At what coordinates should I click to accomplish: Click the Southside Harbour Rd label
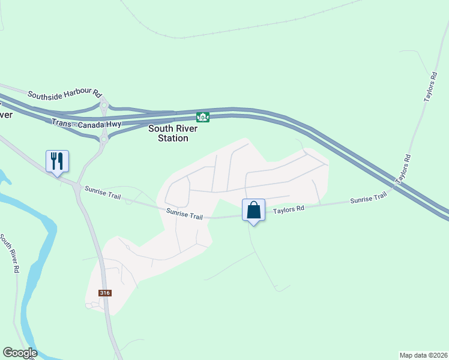[65, 94]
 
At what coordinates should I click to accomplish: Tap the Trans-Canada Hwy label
[86, 123]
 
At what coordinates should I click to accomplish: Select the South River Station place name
[169, 133]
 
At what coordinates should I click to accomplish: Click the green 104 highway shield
[203, 117]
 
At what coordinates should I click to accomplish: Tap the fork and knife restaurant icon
[58, 161]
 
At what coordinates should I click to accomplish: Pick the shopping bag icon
[254, 211]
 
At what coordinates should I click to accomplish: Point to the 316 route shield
[106, 293]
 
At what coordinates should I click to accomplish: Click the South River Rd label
[10, 254]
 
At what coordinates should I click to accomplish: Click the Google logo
[20, 353]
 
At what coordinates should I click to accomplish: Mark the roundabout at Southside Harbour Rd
[104, 107]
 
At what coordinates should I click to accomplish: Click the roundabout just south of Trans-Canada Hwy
[103, 139]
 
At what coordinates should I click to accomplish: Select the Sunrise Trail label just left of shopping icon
[185, 214]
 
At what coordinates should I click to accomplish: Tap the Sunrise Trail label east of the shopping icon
[369, 198]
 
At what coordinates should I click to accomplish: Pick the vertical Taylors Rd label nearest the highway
[403, 169]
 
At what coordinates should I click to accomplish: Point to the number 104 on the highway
[203, 117]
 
